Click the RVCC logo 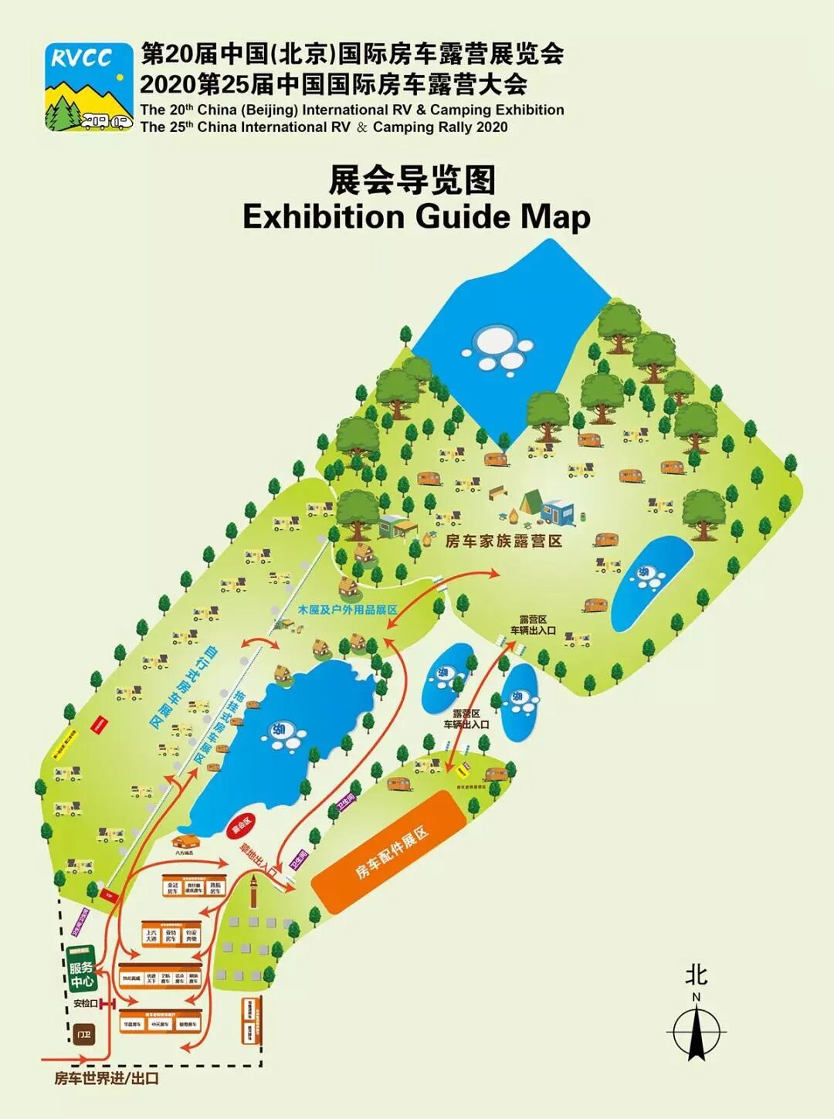[88, 86]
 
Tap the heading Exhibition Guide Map [416, 216]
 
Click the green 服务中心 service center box [81, 974]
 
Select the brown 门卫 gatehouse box [83, 1034]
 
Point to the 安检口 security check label [85, 1003]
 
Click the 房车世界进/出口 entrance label [107, 1078]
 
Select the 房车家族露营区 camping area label [503, 541]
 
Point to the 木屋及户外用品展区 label [347, 610]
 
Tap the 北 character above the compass [696, 975]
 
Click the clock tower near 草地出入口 [253, 892]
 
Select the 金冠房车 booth [172, 888]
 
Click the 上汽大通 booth [151, 935]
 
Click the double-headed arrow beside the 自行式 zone [260, 643]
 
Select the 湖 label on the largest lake [276, 729]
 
